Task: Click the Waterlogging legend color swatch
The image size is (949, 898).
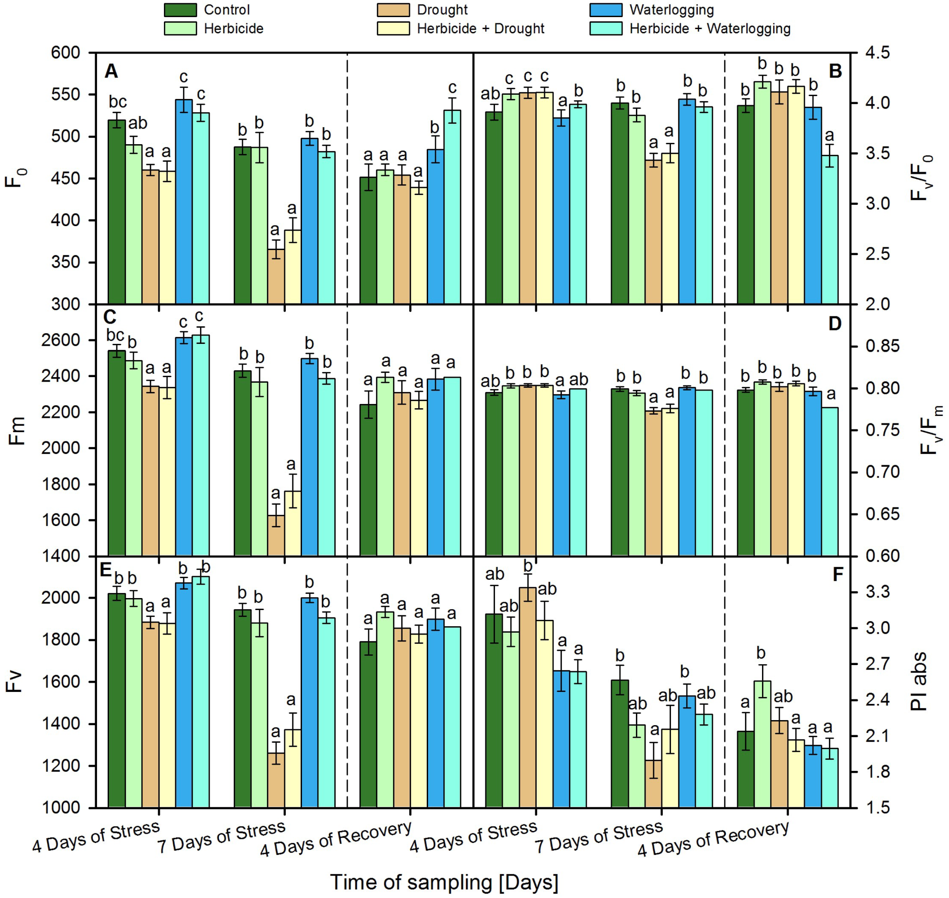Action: (605, 10)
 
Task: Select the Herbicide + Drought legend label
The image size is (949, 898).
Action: (480, 29)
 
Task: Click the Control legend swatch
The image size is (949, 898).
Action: (180, 10)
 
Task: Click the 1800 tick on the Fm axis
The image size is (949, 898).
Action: (62, 484)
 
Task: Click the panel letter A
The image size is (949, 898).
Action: (111, 72)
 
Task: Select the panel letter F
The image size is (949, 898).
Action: (838, 574)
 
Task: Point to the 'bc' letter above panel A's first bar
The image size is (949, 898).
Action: (118, 102)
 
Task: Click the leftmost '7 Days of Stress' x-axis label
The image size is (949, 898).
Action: (222, 837)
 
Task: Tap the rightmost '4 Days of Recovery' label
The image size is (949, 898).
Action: (713, 839)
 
